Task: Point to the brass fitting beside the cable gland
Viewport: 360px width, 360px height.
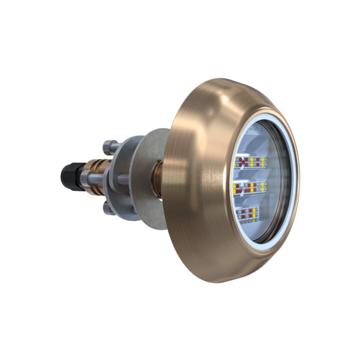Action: click(x=90, y=169)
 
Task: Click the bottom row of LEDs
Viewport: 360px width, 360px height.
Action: click(x=247, y=214)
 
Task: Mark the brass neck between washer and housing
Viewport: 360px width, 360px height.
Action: click(x=158, y=179)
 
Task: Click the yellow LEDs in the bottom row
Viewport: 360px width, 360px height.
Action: click(x=254, y=213)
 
